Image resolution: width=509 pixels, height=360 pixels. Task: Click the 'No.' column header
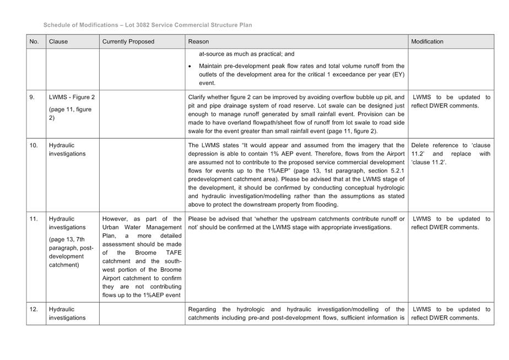(34, 41)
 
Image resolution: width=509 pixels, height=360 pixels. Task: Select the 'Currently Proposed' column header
(128, 41)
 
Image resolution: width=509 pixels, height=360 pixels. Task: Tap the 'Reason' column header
(198, 41)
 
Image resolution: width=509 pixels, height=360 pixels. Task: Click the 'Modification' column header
(427, 41)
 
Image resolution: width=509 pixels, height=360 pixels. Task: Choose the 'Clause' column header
(58, 41)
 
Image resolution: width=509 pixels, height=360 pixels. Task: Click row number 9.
(32, 97)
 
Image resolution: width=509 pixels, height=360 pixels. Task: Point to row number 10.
(34, 146)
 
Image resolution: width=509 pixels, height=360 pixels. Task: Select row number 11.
(34, 219)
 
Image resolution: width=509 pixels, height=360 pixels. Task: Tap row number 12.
(34, 309)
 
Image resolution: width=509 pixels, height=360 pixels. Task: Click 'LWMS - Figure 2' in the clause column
(72, 97)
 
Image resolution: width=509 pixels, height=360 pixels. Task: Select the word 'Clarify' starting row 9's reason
(198, 97)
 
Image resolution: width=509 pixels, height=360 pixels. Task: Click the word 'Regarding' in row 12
(203, 309)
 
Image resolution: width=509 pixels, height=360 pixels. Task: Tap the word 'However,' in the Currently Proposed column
(116, 219)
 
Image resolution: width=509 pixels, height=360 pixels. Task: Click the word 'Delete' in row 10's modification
(421, 146)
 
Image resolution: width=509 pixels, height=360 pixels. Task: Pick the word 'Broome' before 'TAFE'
(146, 253)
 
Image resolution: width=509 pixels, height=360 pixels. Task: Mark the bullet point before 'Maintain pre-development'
(190, 66)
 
